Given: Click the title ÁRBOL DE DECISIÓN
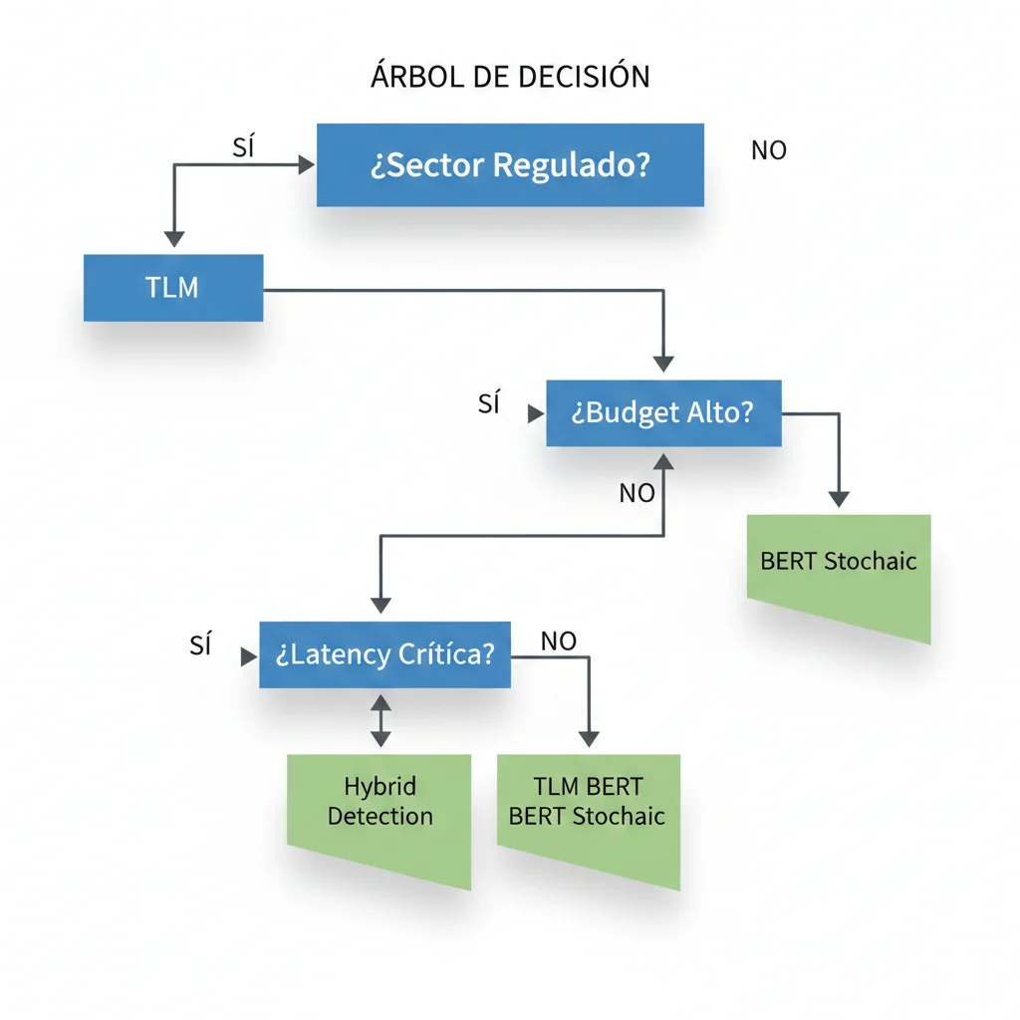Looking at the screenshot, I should pyautogui.click(x=510, y=77).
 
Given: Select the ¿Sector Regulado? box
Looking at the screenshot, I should pyautogui.click(x=510, y=165).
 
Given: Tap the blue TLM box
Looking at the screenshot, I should pyautogui.click(x=173, y=288).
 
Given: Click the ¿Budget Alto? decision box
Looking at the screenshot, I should pyautogui.click(x=663, y=413).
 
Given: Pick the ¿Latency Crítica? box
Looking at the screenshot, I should pyautogui.click(x=384, y=654).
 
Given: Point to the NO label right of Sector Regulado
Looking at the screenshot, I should pyautogui.click(x=769, y=150).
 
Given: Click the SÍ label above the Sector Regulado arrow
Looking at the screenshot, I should pyautogui.click(x=244, y=147).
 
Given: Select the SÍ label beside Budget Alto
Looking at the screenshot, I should pyautogui.click(x=489, y=404).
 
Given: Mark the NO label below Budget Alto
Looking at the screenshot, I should pyautogui.click(x=637, y=493).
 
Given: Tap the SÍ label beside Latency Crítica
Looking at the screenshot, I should pyautogui.click(x=201, y=645).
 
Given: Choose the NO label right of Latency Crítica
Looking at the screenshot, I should pyautogui.click(x=559, y=641).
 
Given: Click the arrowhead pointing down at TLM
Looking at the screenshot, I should pyautogui.click(x=174, y=239).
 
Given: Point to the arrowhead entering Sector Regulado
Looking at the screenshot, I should pyautogui.click(x=307, y=166).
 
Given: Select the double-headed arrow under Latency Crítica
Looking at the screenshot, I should pyautogui.click(x=381, y=720).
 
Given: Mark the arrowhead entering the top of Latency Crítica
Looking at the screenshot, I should pyautogui.click(x=381, y=605).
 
